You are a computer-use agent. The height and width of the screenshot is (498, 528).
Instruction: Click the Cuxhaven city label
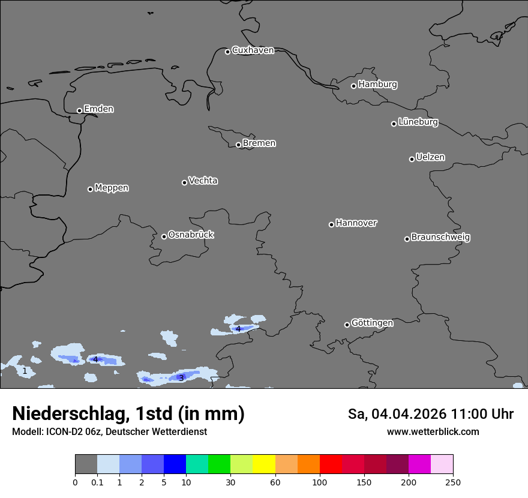253,50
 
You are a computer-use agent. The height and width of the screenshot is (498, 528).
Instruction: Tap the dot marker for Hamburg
354,86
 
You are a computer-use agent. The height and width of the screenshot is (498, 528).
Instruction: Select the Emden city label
98,109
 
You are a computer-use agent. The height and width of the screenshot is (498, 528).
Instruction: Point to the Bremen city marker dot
238,145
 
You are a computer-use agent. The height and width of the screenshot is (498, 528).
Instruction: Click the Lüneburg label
418,122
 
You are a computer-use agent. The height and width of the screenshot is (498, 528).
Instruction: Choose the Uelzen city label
430,158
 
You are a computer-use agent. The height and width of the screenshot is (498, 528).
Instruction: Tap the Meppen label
112,188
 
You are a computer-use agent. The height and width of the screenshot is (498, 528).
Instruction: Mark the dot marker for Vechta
184,182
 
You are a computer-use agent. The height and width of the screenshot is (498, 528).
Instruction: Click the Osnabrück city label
191,235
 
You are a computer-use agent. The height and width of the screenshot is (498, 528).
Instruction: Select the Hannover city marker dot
331,224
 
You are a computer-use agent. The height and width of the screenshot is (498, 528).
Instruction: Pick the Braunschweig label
440,238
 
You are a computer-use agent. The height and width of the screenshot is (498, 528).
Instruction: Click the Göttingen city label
372,323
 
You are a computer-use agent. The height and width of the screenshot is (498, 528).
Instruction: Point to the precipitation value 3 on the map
181,378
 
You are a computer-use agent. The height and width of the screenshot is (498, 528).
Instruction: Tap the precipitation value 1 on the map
25,371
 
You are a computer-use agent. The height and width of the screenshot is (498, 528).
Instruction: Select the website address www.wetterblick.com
433,432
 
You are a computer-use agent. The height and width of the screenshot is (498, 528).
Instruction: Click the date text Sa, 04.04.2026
396,414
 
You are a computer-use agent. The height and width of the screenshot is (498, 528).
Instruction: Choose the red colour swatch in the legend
331,464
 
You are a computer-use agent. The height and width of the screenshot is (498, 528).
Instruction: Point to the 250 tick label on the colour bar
453,482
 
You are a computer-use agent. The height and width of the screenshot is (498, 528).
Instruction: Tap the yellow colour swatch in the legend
264,464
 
